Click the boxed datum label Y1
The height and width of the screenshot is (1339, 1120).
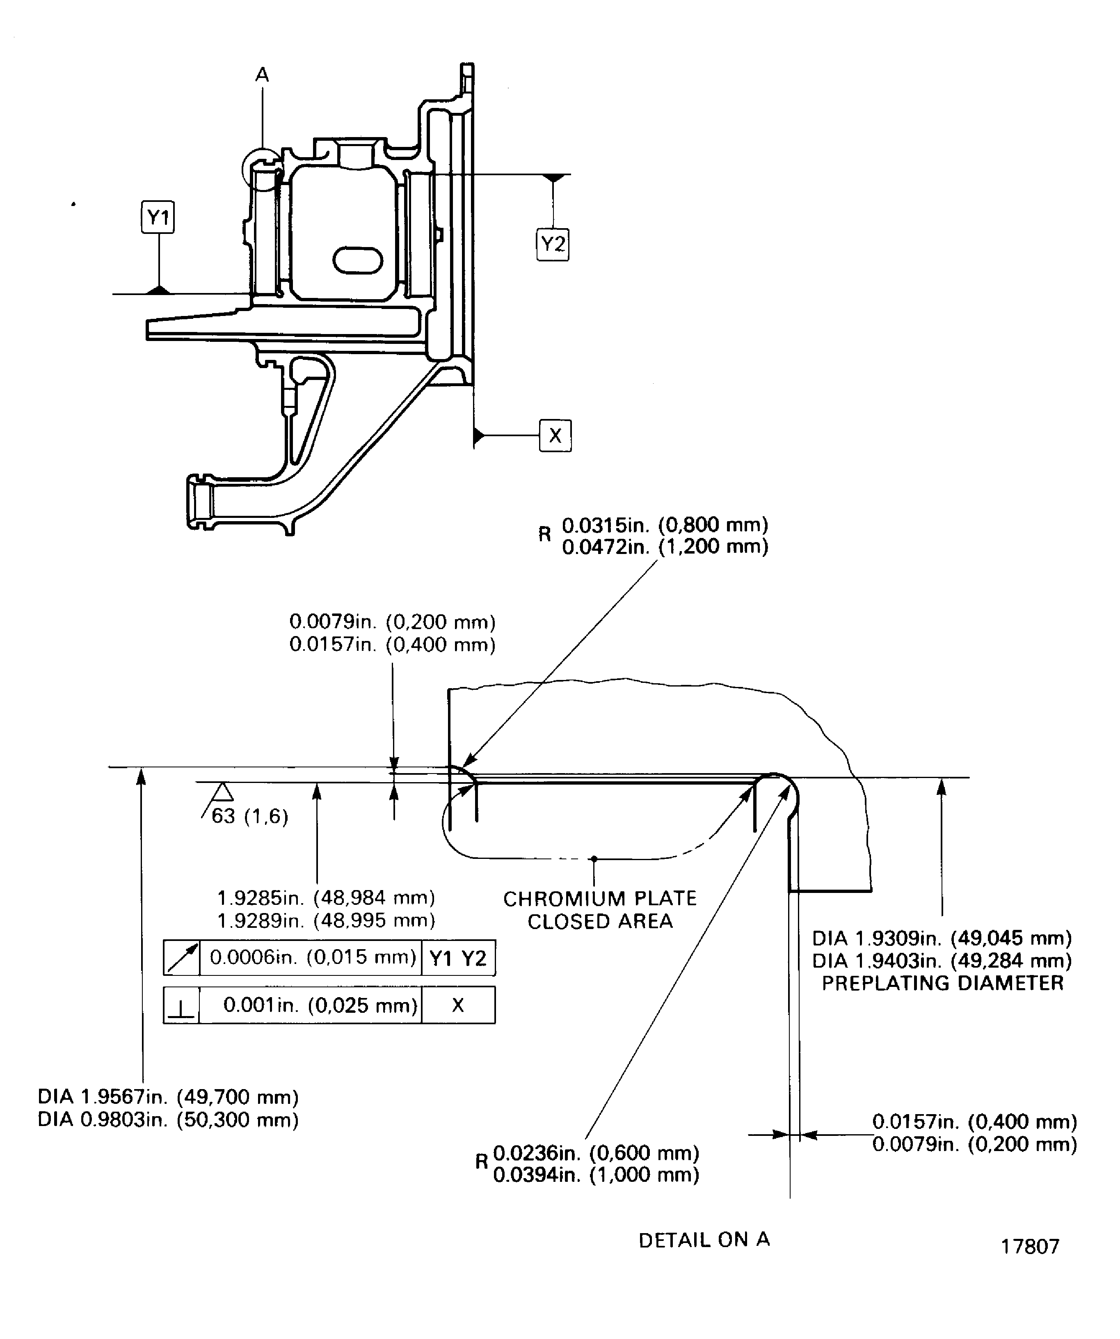pos(158,217)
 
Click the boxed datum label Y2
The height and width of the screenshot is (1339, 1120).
pos(552,244)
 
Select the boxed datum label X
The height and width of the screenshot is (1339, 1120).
pos(555,435)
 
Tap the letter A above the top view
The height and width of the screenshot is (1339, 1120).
pos(262,75)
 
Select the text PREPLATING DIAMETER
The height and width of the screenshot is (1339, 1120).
pos(942,982)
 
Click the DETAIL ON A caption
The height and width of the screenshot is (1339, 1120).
pos(704,1240)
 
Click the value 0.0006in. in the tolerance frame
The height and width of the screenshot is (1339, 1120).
pos(312,957)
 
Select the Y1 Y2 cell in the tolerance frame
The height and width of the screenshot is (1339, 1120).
pos(458,958)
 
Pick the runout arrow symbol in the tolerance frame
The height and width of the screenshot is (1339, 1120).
pos(182,958)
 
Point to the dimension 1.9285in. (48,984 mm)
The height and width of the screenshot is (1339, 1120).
pos(326,898)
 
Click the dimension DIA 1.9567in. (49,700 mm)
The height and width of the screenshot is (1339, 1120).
pos(168,1097)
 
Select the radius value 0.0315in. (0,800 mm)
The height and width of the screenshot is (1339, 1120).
pos(664,525)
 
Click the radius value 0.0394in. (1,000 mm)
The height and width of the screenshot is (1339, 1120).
pos(596,1174)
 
